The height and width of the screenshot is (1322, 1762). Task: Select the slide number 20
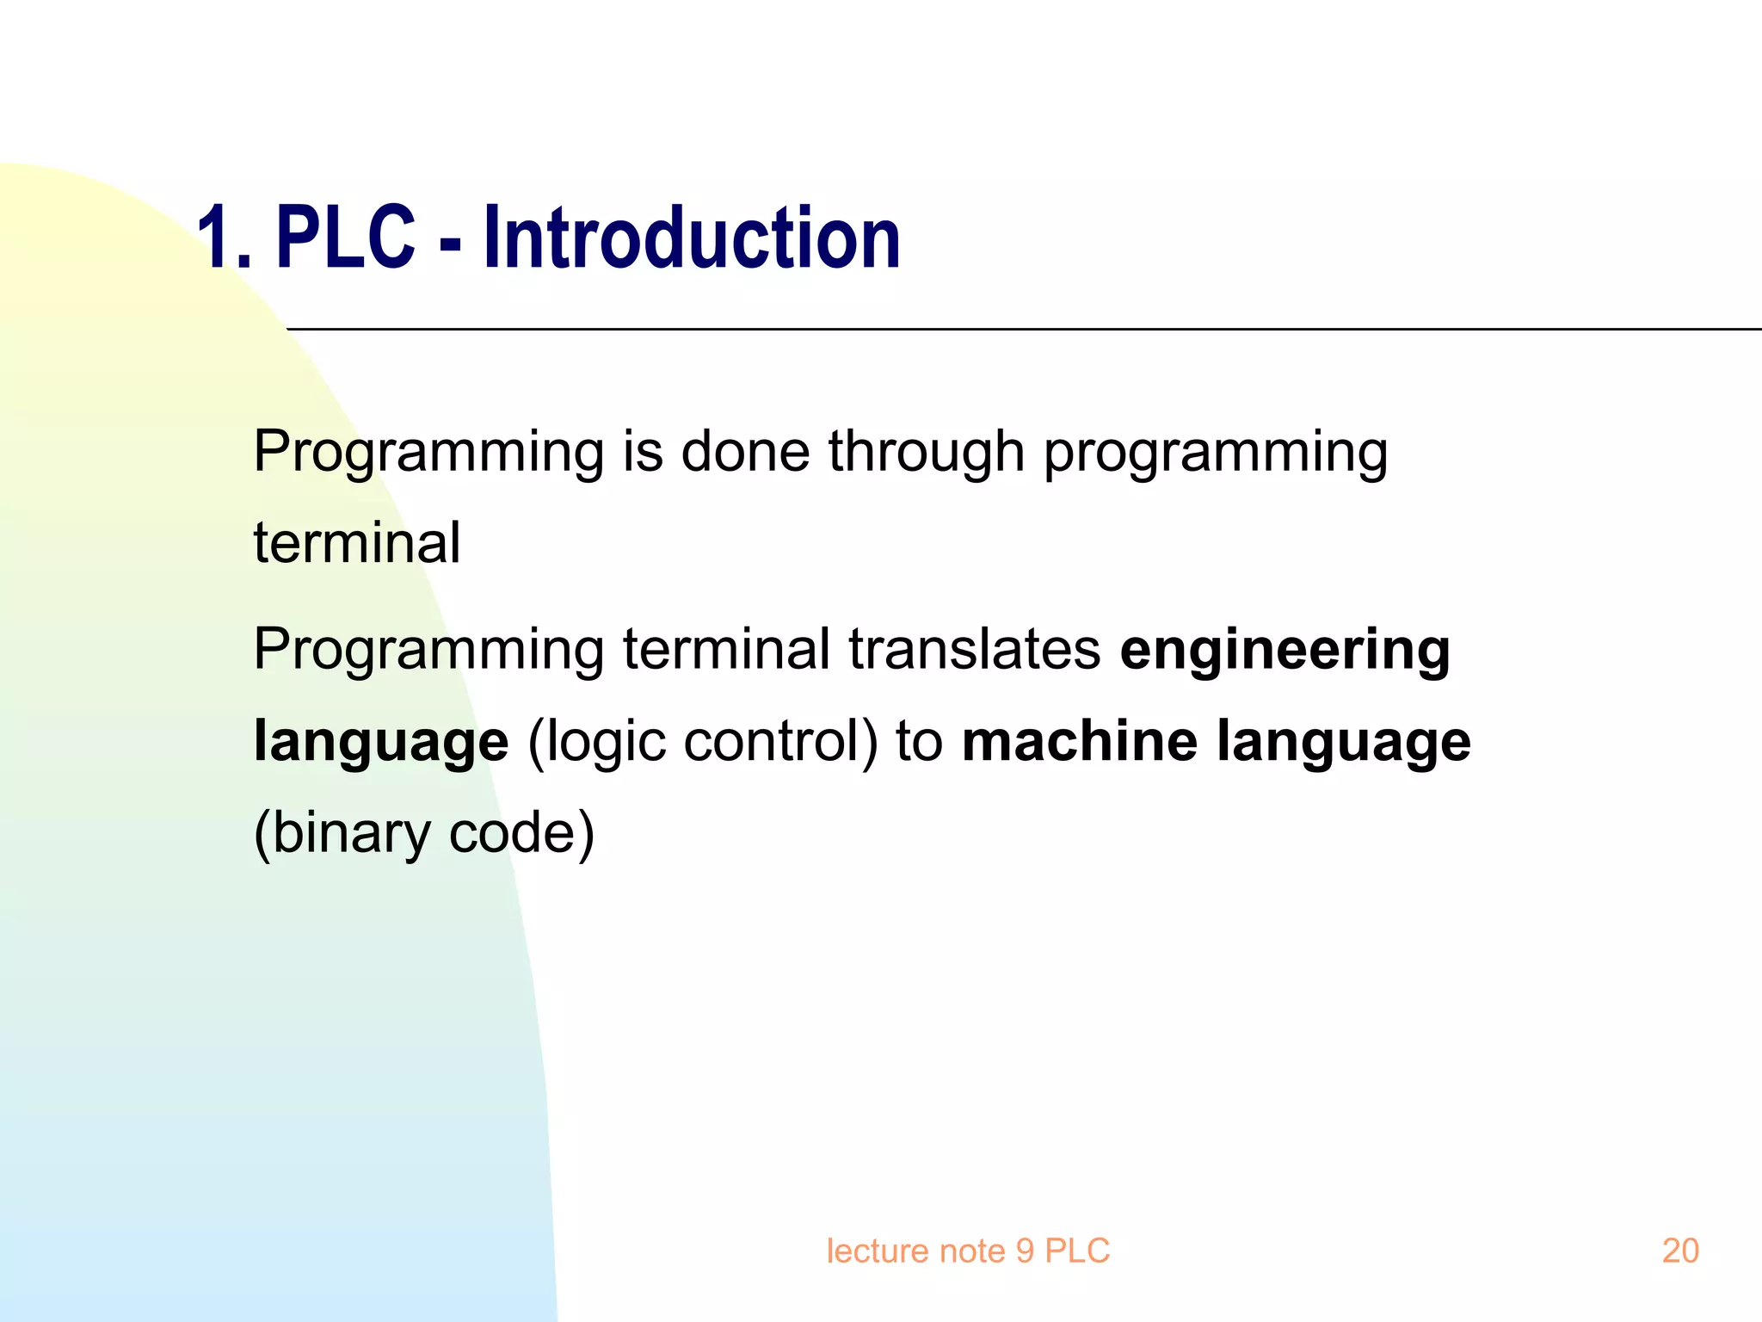[x=1680, y=1251]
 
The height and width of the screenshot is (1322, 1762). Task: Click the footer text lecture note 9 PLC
[x=968, y=1251]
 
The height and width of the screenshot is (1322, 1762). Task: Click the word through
[x=927, y=453]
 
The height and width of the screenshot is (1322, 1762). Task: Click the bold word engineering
[x=1285, y=651]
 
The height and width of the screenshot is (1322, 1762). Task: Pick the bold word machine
[x=1079, y=741]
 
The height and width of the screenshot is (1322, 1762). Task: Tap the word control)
[x=780, y=741]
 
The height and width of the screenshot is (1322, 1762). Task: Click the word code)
[x=522, y=833]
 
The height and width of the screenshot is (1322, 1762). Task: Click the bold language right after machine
[x=1344, y=743]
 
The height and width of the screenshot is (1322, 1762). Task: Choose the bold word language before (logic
[x=381, y=743]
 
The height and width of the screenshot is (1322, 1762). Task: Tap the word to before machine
[x=919, y=741]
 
